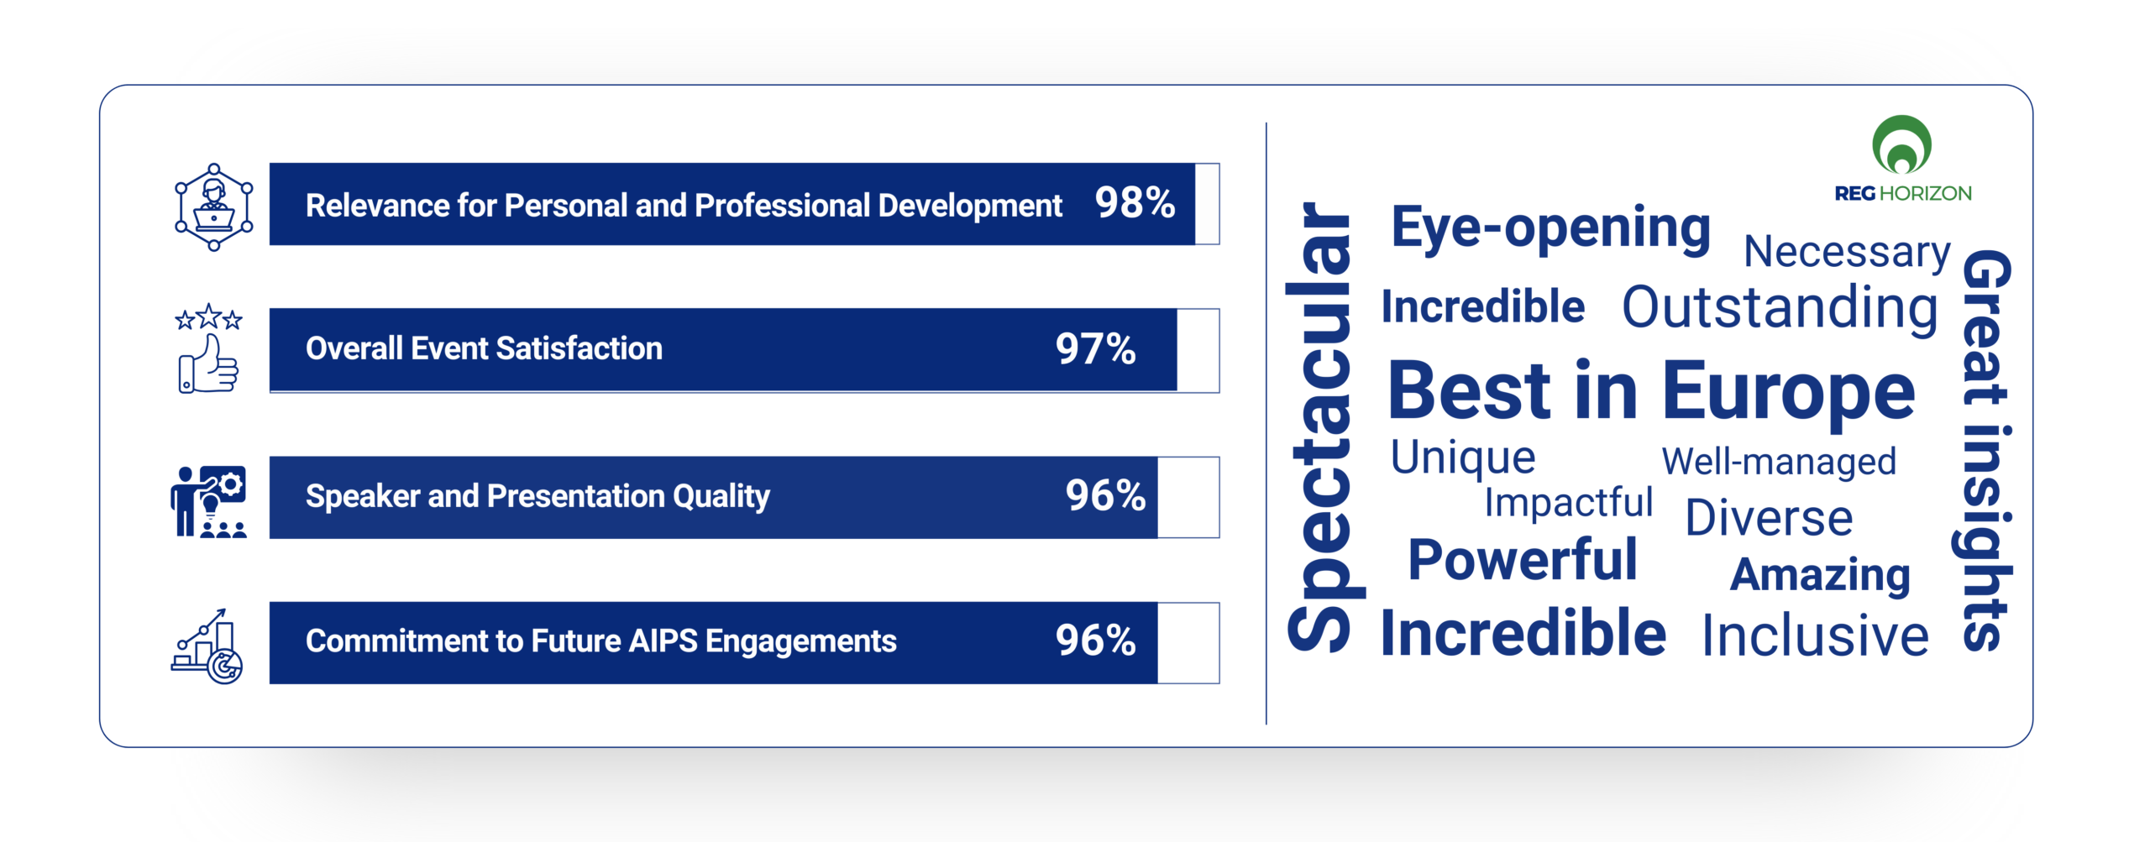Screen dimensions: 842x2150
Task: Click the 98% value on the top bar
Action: pos(1135,203)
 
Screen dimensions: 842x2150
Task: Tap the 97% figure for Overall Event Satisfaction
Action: pos(1095,349)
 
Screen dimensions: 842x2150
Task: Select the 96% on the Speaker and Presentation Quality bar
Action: pos(1105,495)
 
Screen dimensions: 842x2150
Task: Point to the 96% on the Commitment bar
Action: pos(1095,641)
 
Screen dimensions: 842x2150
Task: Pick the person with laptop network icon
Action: pos(213,207)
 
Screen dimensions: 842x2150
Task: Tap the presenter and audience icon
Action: pos(209,501)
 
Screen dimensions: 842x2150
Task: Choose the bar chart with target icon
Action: pos(207,646)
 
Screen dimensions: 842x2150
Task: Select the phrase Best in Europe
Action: pos(1651,391)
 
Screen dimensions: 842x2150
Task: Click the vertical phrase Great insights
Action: pos(1986,450)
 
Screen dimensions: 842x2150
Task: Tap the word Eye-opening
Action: pos(1550,228)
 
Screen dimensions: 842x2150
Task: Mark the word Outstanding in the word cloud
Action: pos(1780,307)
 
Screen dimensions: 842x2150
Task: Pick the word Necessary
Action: pos(1847,252)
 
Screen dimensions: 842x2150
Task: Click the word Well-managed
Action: pos(1779,462)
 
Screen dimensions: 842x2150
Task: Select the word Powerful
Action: pos(1523,560)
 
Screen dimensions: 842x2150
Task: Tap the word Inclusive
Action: pos(1815,636)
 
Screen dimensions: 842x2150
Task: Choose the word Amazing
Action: pos(1820,576)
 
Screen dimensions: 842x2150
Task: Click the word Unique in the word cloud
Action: pos(1463,458)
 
